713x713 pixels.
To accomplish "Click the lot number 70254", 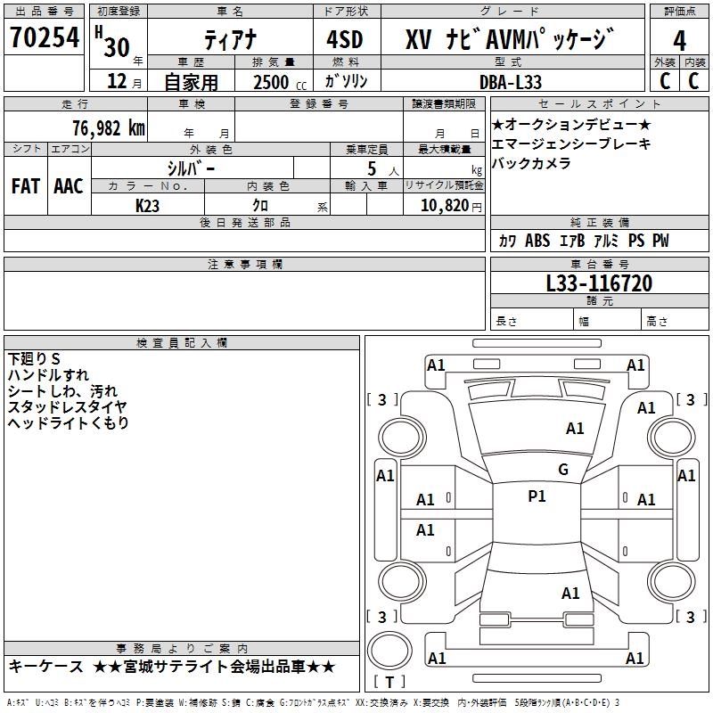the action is [x=45, y=38].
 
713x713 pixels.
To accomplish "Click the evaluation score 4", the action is [x=679, y=41].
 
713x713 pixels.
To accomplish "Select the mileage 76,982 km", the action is [x=108, y=127].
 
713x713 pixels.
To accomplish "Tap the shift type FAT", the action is [x=25, y=186].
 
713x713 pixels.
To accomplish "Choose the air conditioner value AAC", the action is [x=68, y=186].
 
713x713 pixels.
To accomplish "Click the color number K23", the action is [x=148, y=205].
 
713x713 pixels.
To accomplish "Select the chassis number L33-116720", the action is [x=598, y=283].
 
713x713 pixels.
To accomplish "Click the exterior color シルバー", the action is [x=191, y=168].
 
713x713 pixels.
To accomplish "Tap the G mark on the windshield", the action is [x=562, y=470].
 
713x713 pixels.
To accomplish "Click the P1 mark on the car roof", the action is [x=537, y=496].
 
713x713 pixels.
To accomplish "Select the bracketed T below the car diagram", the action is [x=389, y=682].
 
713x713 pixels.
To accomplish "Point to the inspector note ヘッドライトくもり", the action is [x=68, y=422].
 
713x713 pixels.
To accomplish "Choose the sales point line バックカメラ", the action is [x=531, y=163].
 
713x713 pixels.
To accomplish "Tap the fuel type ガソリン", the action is [x=346, y=81].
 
